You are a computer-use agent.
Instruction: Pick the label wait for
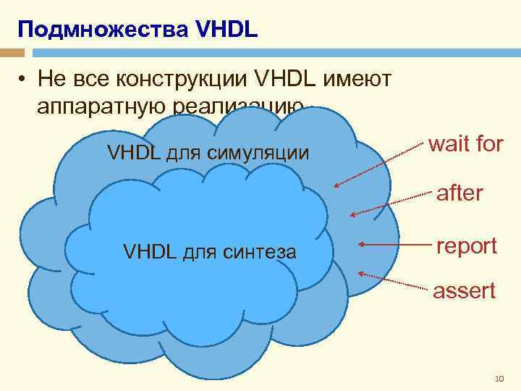click(465, 144)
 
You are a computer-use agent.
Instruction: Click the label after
click(459, 193)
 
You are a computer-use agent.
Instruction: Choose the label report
click(466, 245)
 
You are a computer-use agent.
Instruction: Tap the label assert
click(464, 291)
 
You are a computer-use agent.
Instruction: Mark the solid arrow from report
click(394, 245)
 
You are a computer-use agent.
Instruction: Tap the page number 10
click(499, 378)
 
